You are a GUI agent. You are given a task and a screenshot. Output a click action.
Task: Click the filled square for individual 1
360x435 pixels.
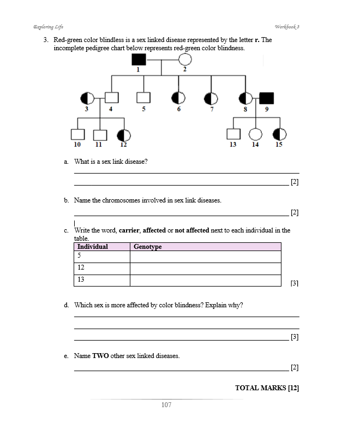(x=139, y=59)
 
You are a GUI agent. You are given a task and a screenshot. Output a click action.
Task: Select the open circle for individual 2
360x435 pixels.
(x=185, y=59)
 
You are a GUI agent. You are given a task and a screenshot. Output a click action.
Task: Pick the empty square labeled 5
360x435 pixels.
(x=143, y=98)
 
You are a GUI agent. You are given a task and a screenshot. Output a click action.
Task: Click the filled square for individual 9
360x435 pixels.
(x=267, y=98)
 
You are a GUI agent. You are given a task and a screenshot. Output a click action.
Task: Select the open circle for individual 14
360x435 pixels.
(x=256, y=134)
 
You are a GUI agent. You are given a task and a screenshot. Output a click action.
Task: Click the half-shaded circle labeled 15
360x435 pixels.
(x=280, y=134)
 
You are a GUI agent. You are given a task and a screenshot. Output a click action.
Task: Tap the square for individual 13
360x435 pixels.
(x=233, y=134)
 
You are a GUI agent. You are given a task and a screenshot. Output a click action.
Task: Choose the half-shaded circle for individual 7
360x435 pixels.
(x=211, y=98)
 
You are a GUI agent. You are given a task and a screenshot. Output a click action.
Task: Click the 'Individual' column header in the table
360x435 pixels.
(x=93, y=247)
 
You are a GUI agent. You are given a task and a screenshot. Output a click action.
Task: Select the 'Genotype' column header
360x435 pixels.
(x=148, y=247)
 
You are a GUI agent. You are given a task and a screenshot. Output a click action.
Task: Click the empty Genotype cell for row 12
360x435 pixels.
(x=205, y=269)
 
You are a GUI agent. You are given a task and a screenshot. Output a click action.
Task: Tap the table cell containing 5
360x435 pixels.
(x=101, y=257)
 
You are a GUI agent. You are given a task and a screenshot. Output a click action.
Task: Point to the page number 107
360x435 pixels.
(x=167, y=405)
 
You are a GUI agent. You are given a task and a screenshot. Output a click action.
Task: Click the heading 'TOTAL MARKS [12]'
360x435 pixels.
(x=267, y=388)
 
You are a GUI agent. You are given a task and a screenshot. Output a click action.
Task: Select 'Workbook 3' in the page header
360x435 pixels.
(x=288, y=27)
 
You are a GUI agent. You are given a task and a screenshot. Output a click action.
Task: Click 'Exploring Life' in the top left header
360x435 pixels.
(x=48, y=27)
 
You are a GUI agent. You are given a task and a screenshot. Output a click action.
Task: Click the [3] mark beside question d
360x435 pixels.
(x=295, y=337)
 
